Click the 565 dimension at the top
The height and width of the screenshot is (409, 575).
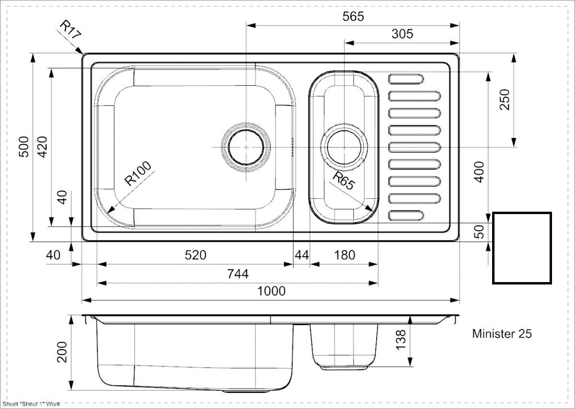click(x=353, y=17)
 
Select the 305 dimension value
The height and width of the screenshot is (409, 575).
click(x=402, y=34)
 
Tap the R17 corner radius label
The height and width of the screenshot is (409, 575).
click(x=70, y=30)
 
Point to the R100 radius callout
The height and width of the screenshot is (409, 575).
click(x=138, y=173)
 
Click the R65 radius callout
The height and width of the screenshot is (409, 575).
click(x=344, y=181)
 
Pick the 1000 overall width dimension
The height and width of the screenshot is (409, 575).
click(x=271, y=291)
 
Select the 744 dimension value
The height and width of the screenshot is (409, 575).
click(x=238, y=274)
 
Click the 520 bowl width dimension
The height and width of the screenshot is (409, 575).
click(x=195, y=255)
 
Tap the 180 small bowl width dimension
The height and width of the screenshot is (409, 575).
click(x=345, y=255)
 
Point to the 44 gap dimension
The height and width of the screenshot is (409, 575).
click(x=302, y=255)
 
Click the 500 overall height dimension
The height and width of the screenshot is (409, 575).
click(x=24, y=147)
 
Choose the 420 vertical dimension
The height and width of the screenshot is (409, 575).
click(x=42, y=147)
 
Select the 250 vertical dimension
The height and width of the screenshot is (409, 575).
click(x=505, y=100)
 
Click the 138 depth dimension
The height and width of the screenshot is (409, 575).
click(x=401, y=340)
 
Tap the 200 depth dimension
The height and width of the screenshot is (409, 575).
click(x=62, y=352)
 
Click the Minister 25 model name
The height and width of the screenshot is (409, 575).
click(x=502, y=333)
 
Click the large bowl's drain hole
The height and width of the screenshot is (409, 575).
click(x=246, y=148)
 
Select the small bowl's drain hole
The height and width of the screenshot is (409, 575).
click(x=344, y=148)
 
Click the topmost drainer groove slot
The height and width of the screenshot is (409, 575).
click(x=406, y=79)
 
